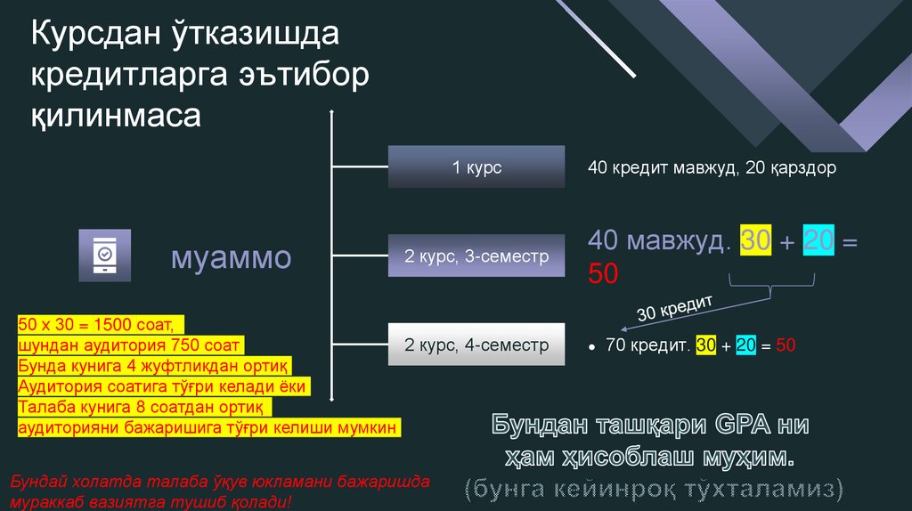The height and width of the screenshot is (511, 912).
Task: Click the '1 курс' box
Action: tap(476, 167)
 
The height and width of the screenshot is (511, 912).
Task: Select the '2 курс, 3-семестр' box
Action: tap(476, 256)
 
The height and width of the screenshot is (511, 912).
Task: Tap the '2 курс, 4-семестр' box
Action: tap(476, 345)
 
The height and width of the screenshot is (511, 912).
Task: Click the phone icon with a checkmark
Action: tap(104, 255)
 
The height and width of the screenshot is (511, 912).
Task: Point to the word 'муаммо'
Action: tap(231, 258)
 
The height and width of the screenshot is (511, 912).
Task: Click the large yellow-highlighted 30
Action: tap(755, 241)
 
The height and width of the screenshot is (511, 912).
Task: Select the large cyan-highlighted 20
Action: tap(818, 241)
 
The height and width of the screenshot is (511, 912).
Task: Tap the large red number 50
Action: tap(603, 273)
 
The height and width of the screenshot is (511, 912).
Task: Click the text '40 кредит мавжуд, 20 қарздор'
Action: tap(712, 167)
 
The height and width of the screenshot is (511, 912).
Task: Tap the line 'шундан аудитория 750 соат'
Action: tap(129, 345)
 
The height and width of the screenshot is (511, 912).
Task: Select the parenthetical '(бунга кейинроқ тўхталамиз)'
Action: tap(652, 488)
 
